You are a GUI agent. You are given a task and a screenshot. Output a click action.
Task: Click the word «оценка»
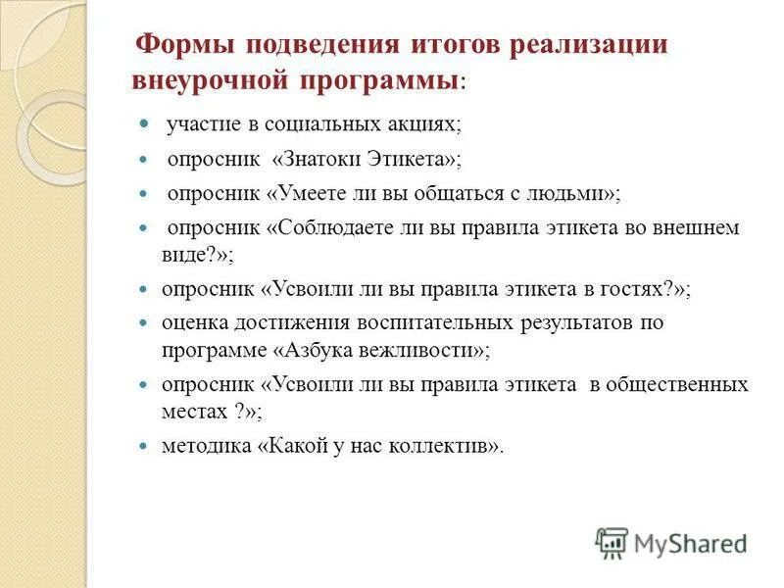(196, 322)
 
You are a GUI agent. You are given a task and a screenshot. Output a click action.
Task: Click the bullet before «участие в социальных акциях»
(142, 125)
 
